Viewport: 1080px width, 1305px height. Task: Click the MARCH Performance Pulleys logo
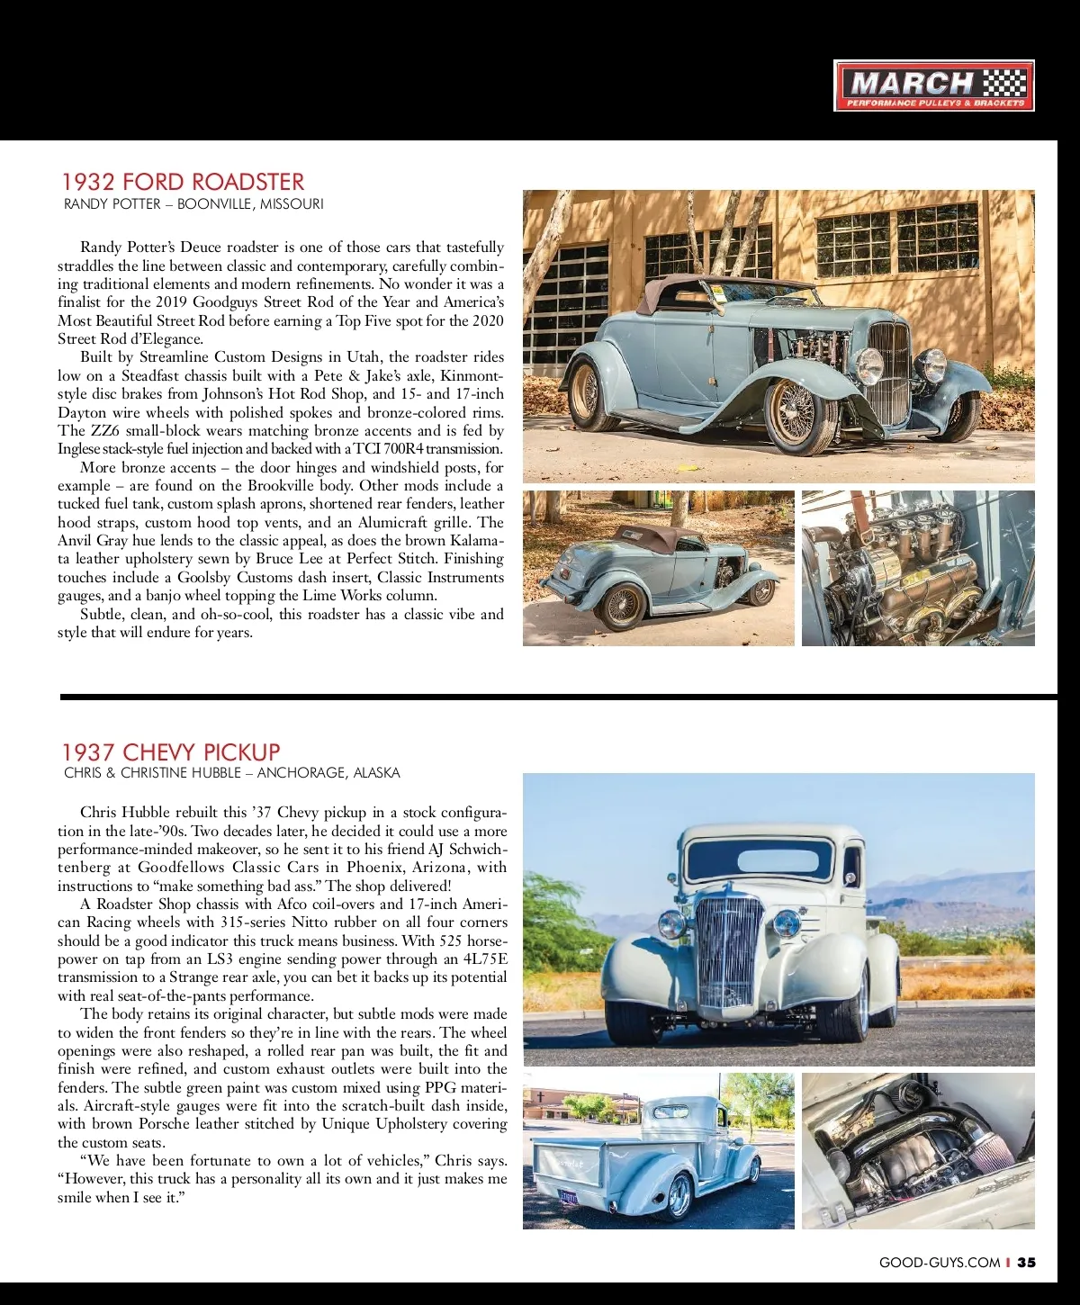[x=933, y=85]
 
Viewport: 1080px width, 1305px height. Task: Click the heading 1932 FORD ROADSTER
[x=183, y=182]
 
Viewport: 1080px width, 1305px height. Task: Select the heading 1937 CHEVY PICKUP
[x=171, y=752]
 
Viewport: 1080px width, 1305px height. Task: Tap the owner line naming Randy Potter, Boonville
[x=193, y=204]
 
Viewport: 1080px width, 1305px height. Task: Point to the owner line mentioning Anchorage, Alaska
[x=232, y=773]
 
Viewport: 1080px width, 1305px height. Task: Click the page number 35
[x=1026, y=1263]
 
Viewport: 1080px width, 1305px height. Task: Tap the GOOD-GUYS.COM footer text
[x=939, y=1263]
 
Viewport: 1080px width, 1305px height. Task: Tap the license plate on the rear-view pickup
[x=569, y=1197]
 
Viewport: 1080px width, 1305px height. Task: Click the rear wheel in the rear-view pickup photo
[x=679, y=1196]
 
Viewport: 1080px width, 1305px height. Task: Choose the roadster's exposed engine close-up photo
[x=918, y=568]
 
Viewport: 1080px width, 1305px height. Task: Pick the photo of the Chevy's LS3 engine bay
[x=918, y=1150]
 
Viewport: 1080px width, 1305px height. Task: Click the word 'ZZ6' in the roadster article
[x=105, y=430]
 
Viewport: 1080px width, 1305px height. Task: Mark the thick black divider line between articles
[x=558, y=697]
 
